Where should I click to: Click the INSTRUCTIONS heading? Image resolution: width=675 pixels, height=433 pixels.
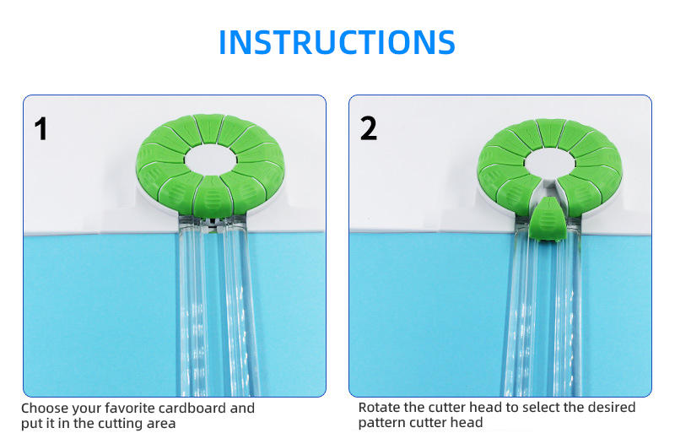[x=337, y=42]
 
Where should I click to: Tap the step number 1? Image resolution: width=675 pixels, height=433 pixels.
[x=40, y=128]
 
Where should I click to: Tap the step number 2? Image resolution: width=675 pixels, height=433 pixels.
[x=369, y=128]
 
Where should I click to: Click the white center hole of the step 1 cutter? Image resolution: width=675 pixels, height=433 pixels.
[x=210, y=160]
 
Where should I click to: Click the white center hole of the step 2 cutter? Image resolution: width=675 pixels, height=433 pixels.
[x=550, y=164]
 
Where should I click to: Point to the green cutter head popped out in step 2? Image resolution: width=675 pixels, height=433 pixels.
[x=547, y=219]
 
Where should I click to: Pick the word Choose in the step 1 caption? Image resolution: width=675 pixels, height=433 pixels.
[x=45, y=408]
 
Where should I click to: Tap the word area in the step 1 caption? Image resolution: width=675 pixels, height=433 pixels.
[x=161, y=424]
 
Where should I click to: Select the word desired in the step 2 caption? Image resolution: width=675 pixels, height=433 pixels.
[x=610, y=407]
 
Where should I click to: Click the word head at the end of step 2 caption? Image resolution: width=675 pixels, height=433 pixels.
[x=467, y=423]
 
